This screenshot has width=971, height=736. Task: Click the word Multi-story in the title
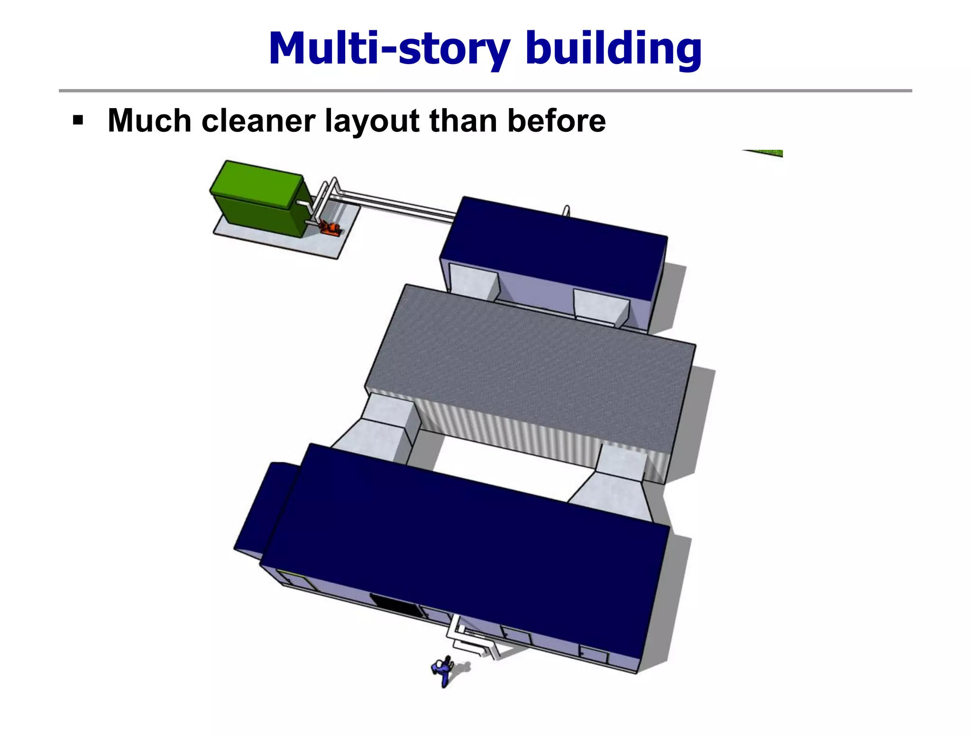tap(389, 48)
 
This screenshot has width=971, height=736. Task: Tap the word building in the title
tap(614, 48)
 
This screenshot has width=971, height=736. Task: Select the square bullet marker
tap(78, 120)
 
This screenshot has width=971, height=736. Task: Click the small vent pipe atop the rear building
tap(566, 210)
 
